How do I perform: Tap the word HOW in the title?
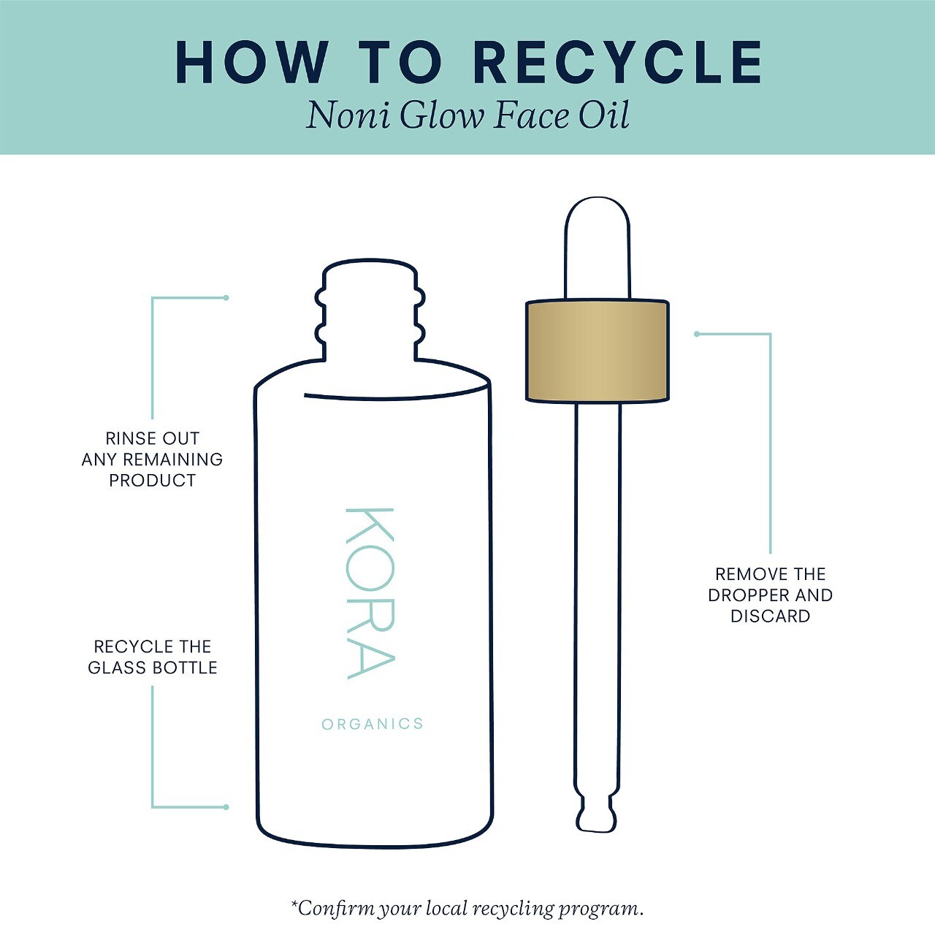(252, 63)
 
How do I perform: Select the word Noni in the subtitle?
(348, 115)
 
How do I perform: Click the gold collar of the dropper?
(598, 351)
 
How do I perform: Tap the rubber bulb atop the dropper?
(598, 248)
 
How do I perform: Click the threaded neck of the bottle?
(370, 310)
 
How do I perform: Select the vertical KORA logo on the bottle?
(370, 593)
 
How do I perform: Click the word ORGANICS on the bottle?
(373, 724)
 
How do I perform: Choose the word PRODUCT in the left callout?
(153, 481)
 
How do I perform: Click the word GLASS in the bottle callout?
(118, 668)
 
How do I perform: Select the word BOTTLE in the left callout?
(185, 668)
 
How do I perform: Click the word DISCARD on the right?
(771, 617)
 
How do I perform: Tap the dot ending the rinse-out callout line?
(226, 298)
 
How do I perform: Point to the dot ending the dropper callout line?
(697, 334)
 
